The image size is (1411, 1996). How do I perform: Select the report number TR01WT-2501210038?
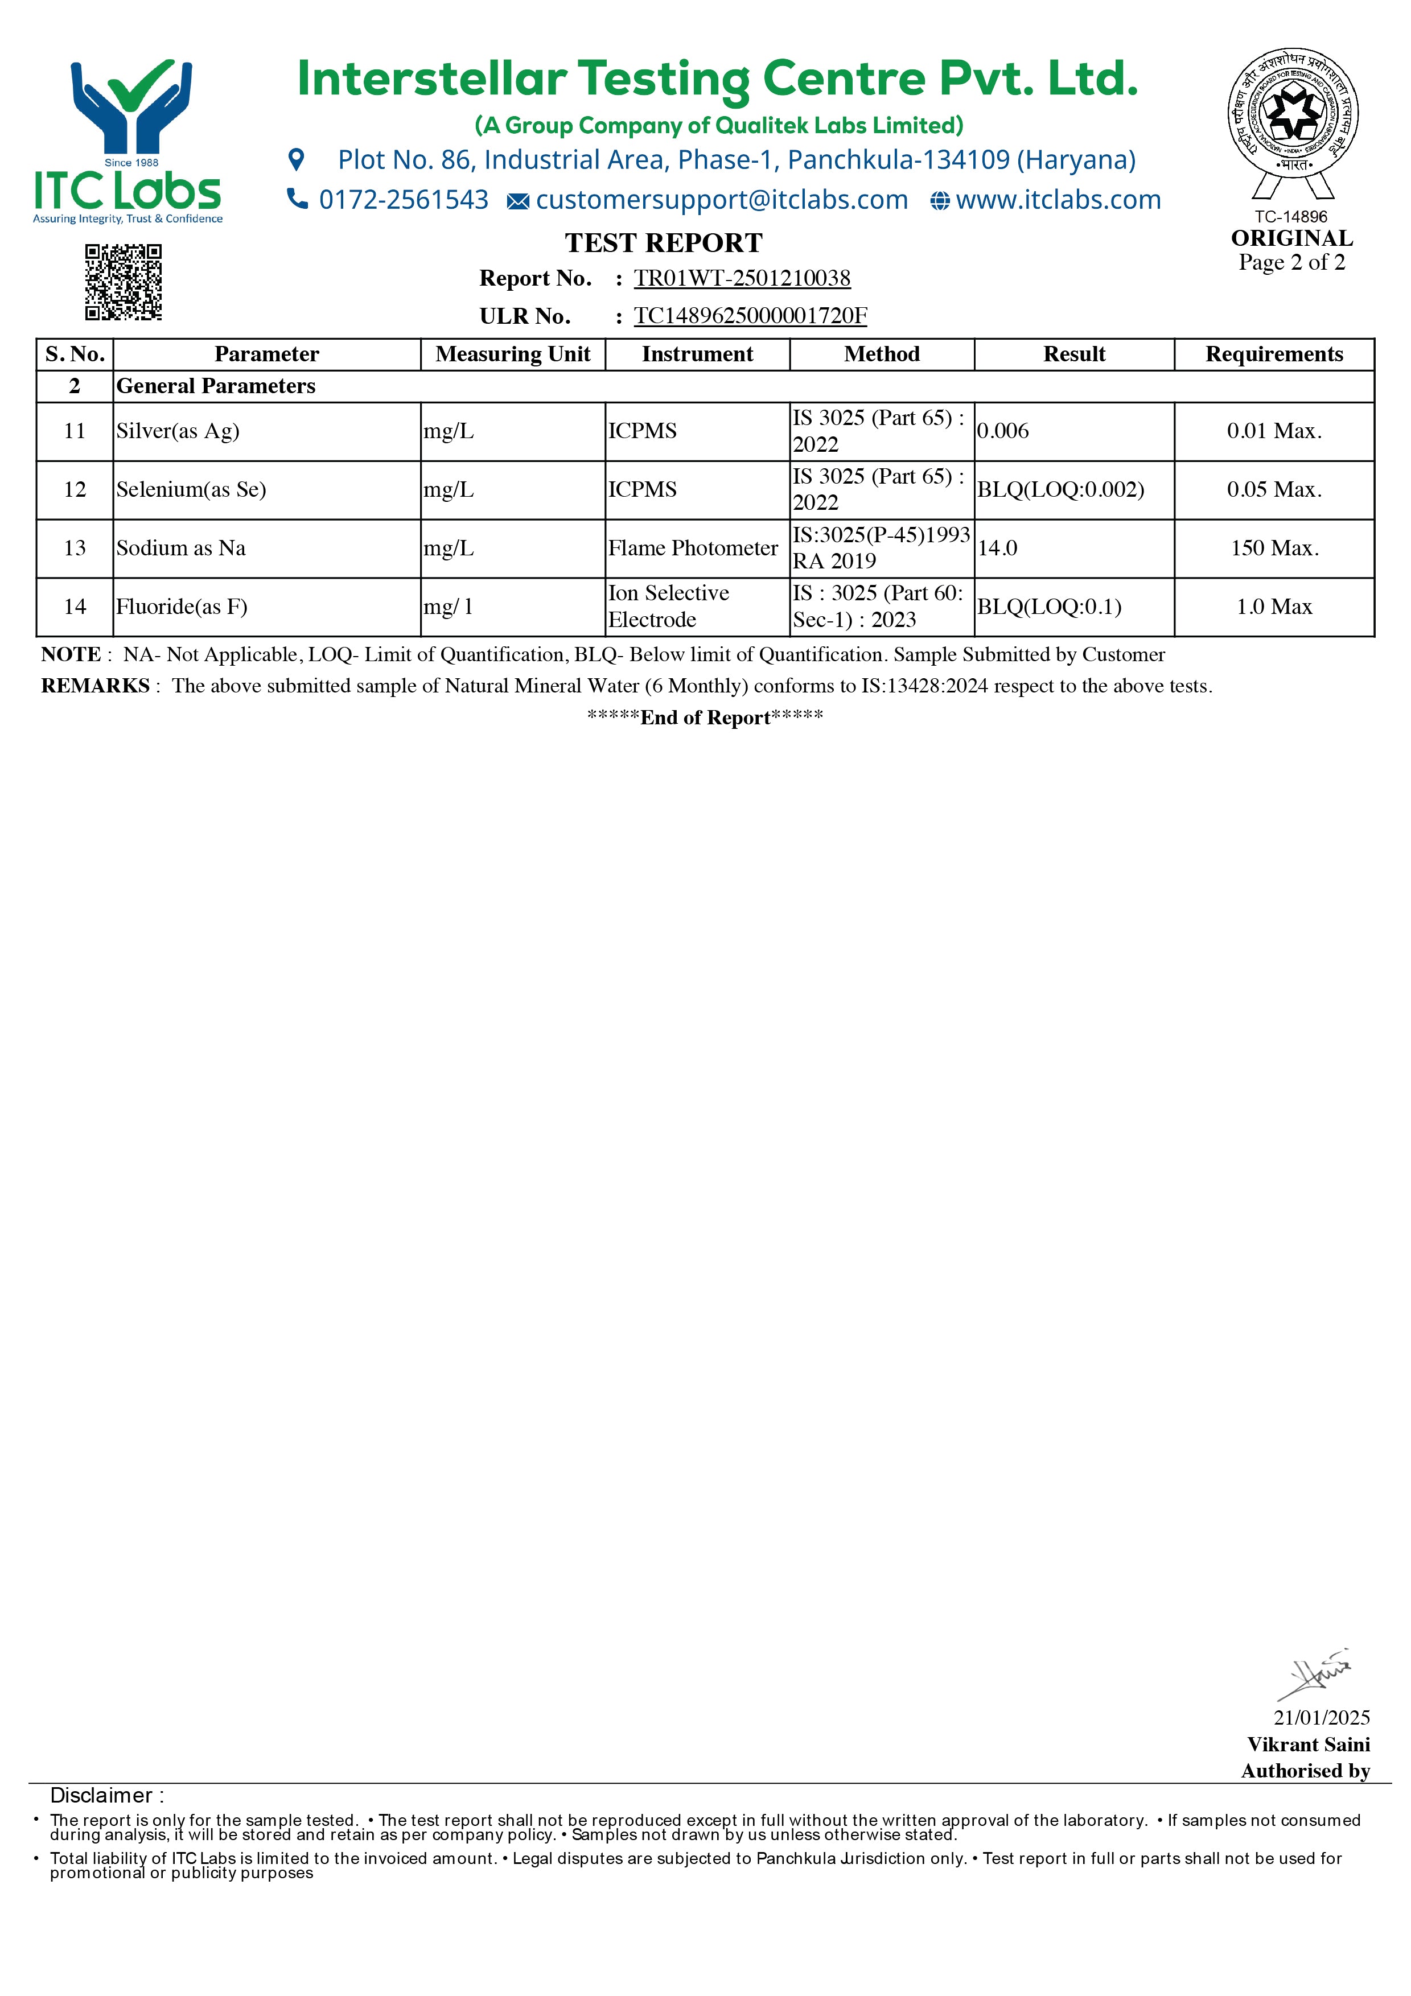742,278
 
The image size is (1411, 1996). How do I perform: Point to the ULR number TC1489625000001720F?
750,316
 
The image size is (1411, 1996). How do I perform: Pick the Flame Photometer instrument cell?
693,549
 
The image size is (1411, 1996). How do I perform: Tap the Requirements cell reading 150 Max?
1274,549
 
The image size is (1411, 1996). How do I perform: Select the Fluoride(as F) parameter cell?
182,607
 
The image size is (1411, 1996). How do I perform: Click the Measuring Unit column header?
513,354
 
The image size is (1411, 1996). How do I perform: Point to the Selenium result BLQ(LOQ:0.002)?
1060,489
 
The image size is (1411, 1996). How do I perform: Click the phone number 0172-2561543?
404,200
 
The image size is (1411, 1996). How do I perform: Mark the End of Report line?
705,717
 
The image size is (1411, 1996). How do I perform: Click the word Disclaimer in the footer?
101,1795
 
